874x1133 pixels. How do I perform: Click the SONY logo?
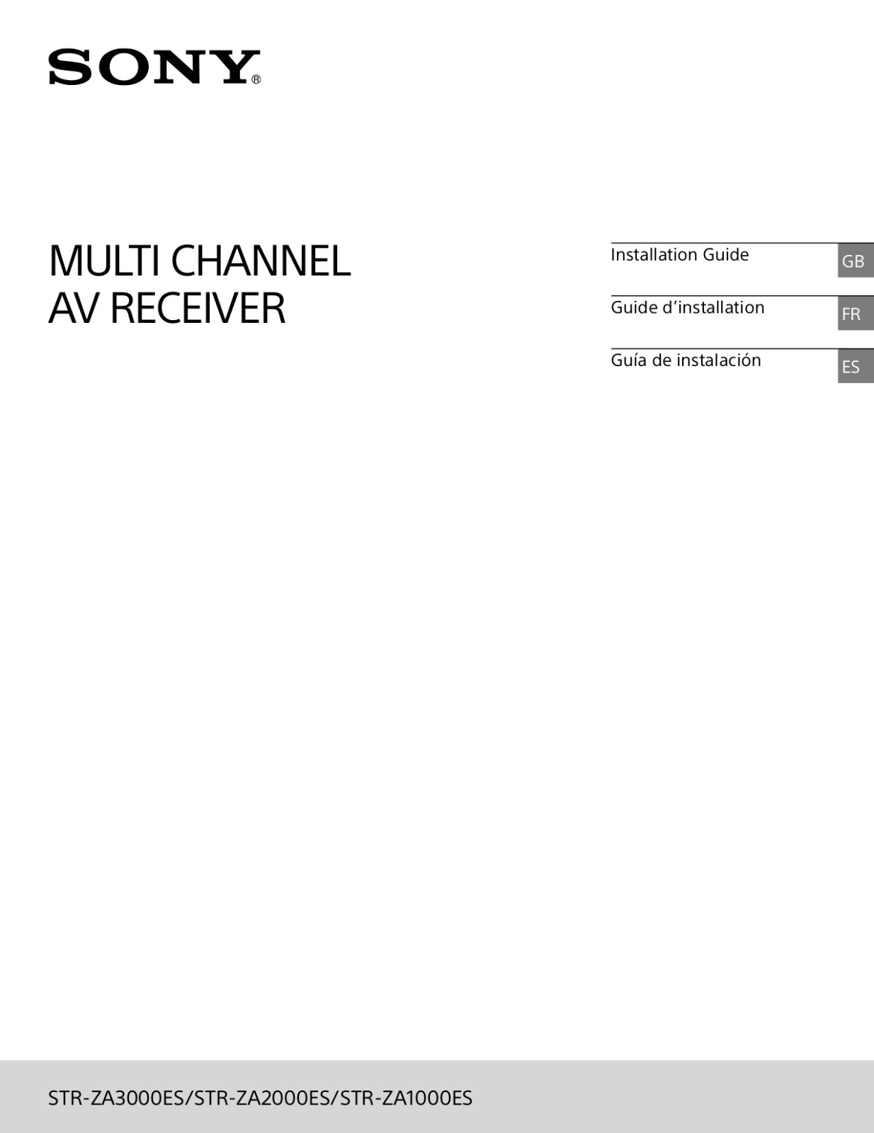(x=154, y=67)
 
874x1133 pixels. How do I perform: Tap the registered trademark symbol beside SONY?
(x=256, y=80)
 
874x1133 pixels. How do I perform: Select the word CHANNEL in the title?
(x=261, y=261)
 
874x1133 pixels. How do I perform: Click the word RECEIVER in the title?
(x=198, y=308)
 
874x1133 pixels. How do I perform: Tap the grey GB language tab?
(x=856, y=260)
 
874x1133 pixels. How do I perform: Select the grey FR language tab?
(x=856, y=314)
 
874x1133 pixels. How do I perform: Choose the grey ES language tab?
(x=856, y=366)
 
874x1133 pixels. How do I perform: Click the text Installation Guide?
(x=679, y=255)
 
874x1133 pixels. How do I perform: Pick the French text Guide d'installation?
(x=687, y=307)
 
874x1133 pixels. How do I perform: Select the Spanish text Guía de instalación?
(x=686, y=360)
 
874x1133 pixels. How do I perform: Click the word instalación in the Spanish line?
(x=719, y=360)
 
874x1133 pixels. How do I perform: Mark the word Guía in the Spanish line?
(x=628, y=360)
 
